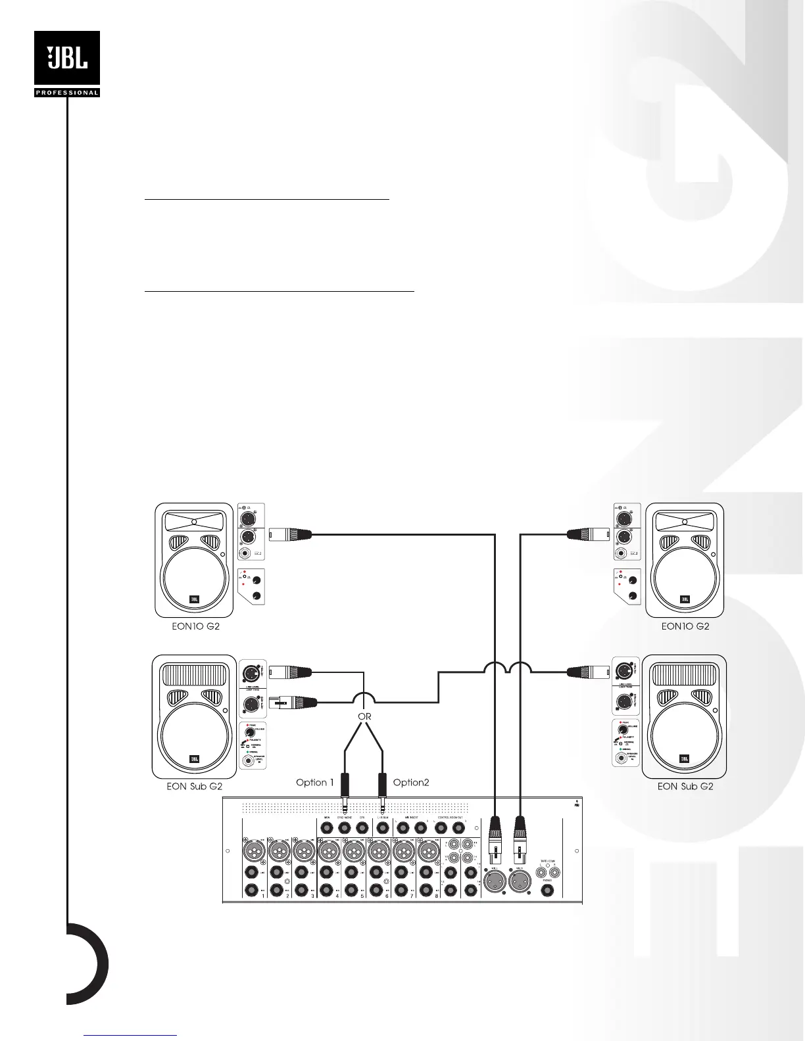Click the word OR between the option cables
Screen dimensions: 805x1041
tap(364, 716)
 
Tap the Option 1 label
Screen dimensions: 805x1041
tap(315, 782)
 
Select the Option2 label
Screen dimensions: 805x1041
tap(411, 782)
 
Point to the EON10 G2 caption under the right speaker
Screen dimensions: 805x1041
tap(685, 626)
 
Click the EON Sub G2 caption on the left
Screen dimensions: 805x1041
tap(195, 786)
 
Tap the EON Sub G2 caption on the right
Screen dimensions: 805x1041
tap(685, 786)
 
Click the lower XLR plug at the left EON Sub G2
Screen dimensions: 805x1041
tap(294, 702)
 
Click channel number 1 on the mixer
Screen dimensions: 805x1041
tap(264, 895)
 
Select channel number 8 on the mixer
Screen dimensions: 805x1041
tap(437, 895)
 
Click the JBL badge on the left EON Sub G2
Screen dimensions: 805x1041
tap(195, 759)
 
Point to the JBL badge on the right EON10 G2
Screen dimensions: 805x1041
tap(685, 599)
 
